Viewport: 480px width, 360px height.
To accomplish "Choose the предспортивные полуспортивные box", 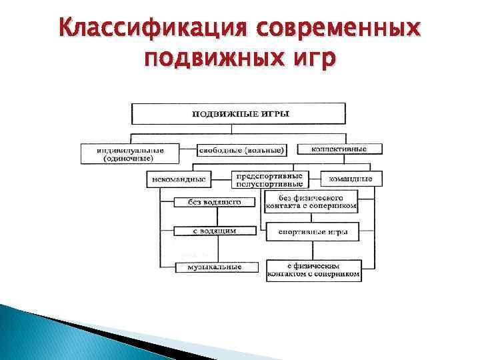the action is (x=268, y=179).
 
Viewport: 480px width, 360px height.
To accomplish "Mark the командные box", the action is (x=351, y=179).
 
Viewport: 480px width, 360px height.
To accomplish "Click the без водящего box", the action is (x=207, y=202).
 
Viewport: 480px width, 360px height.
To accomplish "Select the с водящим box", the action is (x=207, y=231).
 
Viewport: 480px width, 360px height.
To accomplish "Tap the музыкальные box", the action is (x=209, y=267).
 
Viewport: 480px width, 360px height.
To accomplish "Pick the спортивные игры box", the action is (x=312, y=233).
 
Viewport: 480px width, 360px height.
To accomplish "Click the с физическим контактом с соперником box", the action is (x=313, y=269).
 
